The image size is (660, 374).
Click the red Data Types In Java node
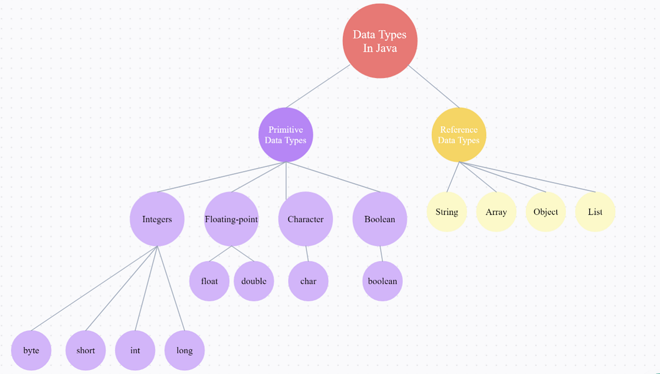coord(380,41)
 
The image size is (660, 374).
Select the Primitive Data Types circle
coord(285,135)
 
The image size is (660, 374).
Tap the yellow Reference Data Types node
coord(459,135)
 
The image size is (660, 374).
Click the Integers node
coord(157,219)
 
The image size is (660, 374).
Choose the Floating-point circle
coord(231,219)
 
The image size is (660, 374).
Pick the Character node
coord(305,219)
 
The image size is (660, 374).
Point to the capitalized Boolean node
coord(380,219)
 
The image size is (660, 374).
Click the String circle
coord(447,212)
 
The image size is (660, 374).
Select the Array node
coord(496,212)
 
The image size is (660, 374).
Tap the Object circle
coord(546,212)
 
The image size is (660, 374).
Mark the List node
coord(595,212)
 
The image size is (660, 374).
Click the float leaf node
coord(209,281)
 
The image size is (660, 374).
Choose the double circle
coord(254,281)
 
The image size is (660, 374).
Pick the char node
coord(308,281)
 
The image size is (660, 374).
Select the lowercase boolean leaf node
coord(382,281)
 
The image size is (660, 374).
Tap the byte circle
coord(31,350)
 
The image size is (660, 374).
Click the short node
coord(85,350)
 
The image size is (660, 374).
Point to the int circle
coord(135,350)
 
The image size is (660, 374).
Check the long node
coord(184,350)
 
